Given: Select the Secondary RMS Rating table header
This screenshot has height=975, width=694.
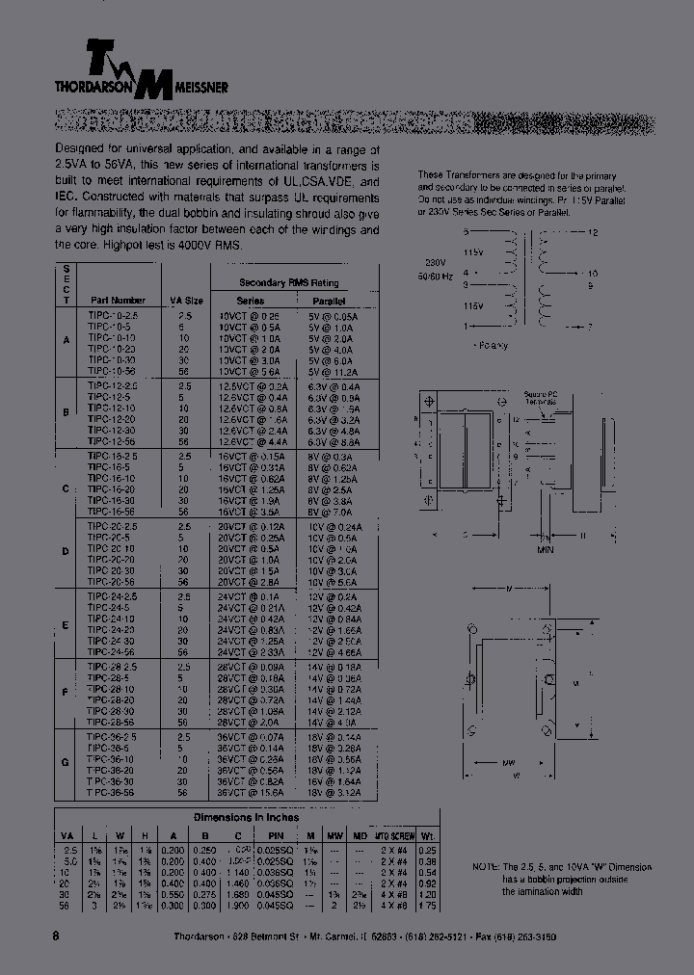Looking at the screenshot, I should coord(276,282).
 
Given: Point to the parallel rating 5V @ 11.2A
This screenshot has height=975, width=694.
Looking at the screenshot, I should coord(333,371).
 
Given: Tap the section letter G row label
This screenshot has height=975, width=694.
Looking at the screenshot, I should coord(66,762).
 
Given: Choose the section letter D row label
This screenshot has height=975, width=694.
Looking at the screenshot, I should coord(66,552).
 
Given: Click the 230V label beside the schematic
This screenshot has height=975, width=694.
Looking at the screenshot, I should coord(436,261).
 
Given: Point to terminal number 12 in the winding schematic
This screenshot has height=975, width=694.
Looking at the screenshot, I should coord(594,234).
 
